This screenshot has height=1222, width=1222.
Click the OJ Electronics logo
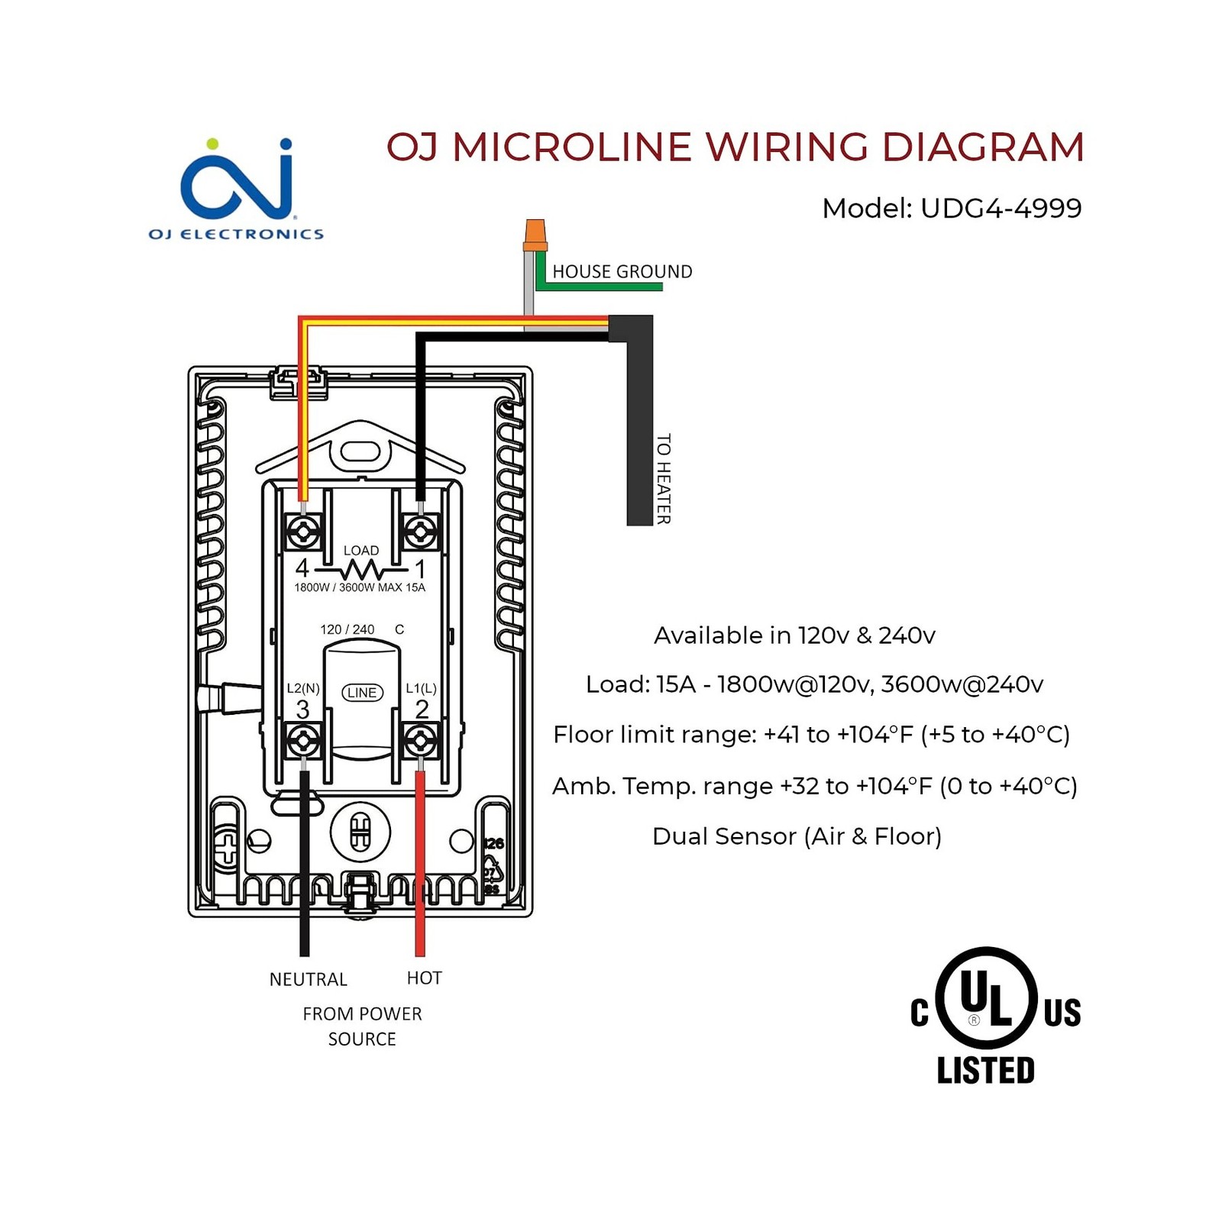coord(236,189)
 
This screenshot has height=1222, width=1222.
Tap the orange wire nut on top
coord(535,235)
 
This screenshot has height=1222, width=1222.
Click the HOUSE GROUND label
coord(622,271)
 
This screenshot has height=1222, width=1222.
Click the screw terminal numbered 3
coord(304,740)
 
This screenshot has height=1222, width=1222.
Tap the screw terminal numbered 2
coord(420,740)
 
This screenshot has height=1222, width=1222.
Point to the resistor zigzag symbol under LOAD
coord(361,570)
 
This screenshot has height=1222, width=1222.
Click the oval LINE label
coord(362,692)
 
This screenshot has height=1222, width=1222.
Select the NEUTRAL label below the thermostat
coord(309,979)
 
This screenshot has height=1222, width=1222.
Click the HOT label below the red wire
coord(425,978)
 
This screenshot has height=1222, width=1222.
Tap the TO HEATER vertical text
coord(664,479)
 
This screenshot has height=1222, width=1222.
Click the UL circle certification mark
coord(986,997)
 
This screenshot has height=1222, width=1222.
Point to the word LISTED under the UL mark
coord(986,1070)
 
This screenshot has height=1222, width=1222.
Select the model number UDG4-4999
coord(1001,208)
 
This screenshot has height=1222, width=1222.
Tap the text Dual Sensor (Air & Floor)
coord(797,836)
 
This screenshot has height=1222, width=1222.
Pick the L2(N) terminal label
coord(303,688)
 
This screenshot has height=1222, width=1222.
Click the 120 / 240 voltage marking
coord(348,629)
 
